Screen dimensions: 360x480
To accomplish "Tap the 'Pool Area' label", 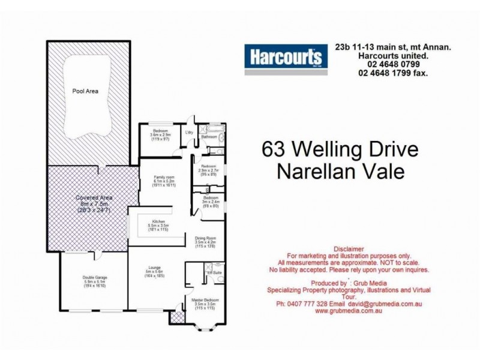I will click(x=85, y=92).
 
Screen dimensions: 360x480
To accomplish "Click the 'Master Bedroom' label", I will click(x=204, y=300).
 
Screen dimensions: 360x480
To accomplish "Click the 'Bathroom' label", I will click(x=209, y=137).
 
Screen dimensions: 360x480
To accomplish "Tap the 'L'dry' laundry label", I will click(x=189, y=132).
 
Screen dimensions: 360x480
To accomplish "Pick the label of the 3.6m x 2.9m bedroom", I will click(x=160, y=130).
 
